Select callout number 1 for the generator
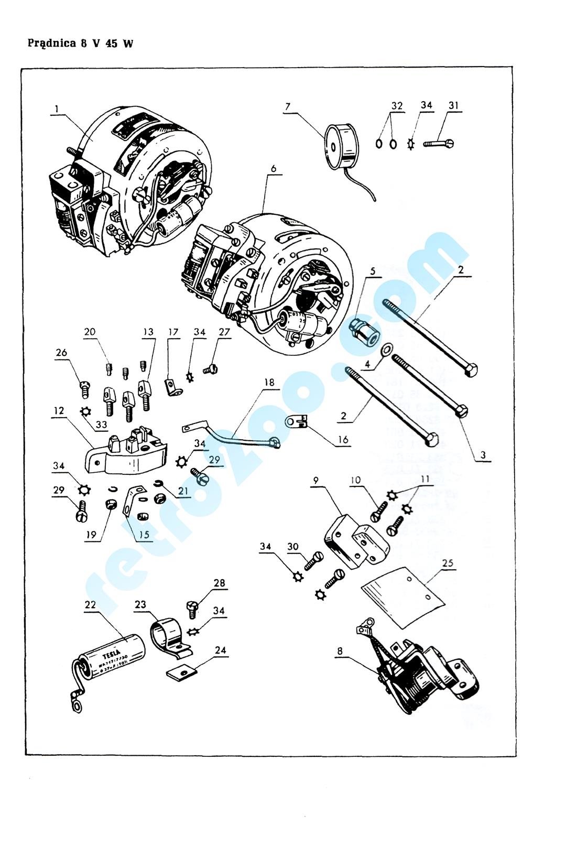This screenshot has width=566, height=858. coord(57,109)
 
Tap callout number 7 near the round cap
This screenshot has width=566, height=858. coord(287,107)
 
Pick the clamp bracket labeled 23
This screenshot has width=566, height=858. coord(169,636)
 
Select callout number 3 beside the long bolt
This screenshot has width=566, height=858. coord(483,455)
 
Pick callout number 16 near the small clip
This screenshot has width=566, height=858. coord(343,439)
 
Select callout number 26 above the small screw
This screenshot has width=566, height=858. coord(61,353)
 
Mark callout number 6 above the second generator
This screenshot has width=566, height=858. coord(274,169)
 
